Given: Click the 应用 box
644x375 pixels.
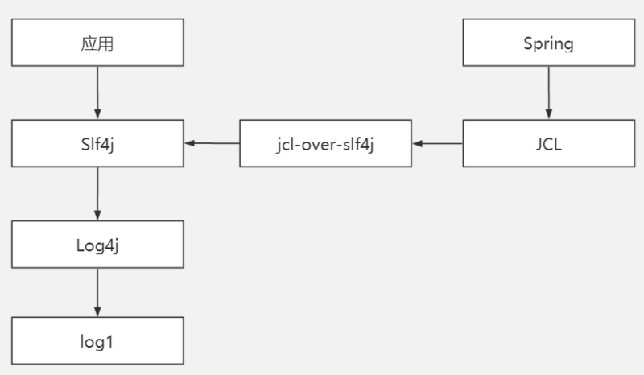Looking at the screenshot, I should [97, 43].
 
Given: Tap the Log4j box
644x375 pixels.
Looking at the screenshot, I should [97, 245].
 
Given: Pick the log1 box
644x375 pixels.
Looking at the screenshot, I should [97, 341].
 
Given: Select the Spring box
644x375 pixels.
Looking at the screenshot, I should [548, 43].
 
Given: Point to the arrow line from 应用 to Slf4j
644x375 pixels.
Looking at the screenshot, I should [97, 89].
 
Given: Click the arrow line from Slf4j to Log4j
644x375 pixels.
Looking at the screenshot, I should [97, 190].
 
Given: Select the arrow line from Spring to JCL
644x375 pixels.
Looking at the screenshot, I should [548, 89].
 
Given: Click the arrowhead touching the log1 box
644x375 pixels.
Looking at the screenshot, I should [97, 312].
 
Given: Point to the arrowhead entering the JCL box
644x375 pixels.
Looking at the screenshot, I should [548, 114].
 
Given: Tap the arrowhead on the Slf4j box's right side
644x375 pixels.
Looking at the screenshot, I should [189, 143].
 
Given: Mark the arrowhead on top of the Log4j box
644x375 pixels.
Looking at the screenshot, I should [97, 215].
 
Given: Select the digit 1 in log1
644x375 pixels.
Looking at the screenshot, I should [109, 341].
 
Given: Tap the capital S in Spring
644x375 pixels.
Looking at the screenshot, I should [528, 43].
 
